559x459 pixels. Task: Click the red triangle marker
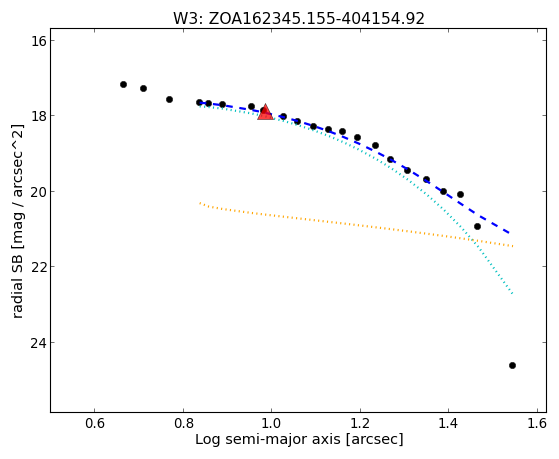point(266,112)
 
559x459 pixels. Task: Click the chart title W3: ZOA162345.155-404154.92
point(299,19)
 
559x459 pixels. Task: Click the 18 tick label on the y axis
point(37,116)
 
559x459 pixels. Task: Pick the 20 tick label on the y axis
point(37,192)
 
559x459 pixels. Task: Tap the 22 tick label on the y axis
point(37,266)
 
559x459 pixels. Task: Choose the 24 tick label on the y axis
point(37,342)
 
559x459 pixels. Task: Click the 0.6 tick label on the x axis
point(94,423)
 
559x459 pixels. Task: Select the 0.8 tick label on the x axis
point(183,423)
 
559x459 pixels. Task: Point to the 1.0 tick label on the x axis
point(272,423)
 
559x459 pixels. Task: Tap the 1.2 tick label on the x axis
point(360,423)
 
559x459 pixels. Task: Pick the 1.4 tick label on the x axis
point(448,423)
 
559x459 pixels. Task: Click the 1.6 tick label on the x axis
point(537,423)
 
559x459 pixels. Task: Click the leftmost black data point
point(123,85)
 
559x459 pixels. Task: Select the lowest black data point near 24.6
point(512,365)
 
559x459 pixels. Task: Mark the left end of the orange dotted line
point(200,203)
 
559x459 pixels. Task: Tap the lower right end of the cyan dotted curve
point(513,294)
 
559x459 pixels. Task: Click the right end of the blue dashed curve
point(510,233)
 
